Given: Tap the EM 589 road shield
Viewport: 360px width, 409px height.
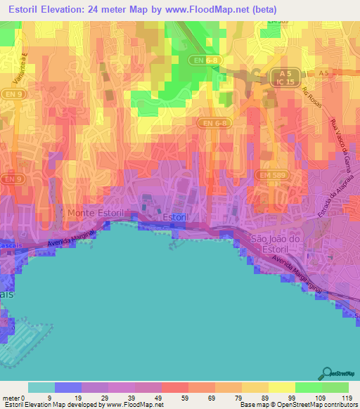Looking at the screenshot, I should click(x=266, y=174).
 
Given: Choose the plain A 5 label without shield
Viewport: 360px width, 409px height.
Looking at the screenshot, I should click(x=323, y=72).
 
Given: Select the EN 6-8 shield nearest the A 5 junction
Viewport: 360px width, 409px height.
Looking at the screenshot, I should click(x=206, y=60).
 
